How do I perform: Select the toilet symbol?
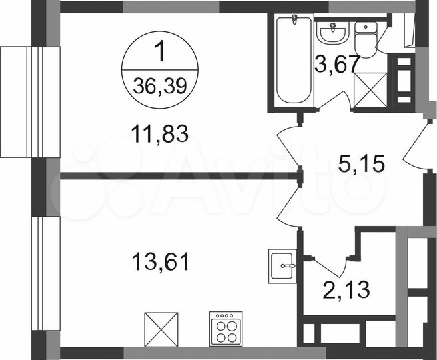(365, 40)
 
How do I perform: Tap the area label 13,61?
(159, 261)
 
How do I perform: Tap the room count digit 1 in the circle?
(159, 51)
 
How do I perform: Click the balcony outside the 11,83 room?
(21, 100)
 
